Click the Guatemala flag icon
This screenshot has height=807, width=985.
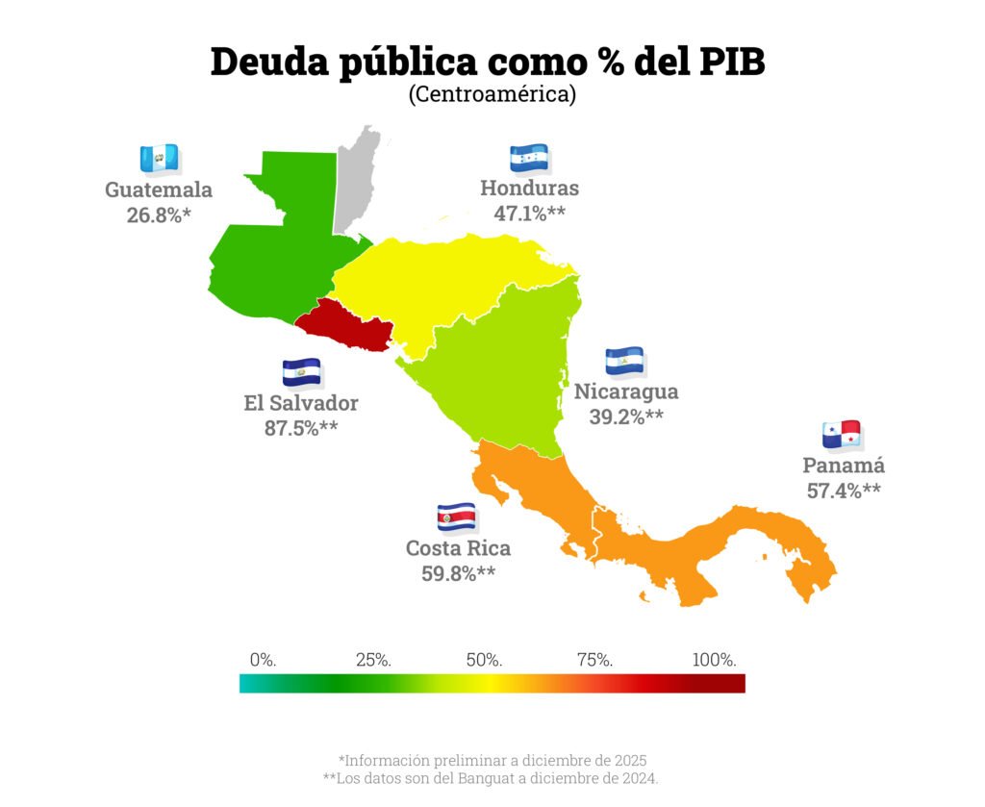[159, 158]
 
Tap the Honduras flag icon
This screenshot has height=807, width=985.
[529, 158]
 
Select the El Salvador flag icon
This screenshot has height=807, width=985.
[301, 371]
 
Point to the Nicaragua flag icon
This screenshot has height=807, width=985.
[624, 361]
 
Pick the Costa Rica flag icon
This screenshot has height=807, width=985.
[456, 517]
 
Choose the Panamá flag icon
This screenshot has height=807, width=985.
[842, 434]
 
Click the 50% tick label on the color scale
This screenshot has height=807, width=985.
[484, 660]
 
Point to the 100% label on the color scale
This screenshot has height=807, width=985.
[715, 660]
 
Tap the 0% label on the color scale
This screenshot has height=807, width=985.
[263, 660]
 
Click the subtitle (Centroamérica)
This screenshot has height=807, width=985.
[492, 94]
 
